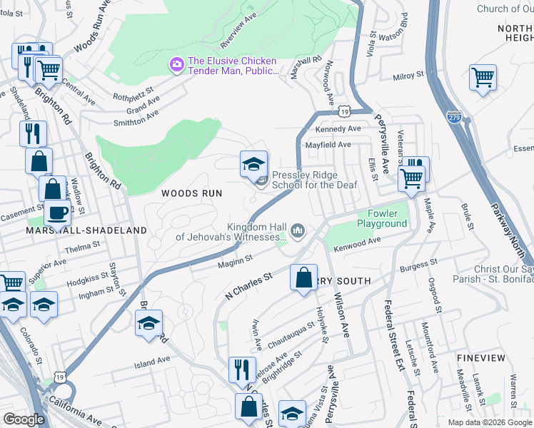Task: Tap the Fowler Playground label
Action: pos(387,218)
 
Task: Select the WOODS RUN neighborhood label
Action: pos(191,193)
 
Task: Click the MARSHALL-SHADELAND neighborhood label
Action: pos(86,230)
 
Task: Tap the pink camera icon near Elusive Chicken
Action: pos(176,65)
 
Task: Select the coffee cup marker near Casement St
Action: pos(57,213)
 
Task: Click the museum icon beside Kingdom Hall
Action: pos(298,230)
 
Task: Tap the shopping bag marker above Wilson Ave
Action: pos(304,276)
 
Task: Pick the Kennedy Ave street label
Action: pos(338,129)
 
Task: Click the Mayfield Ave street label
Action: pos(328,145)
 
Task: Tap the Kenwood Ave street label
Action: pos(357,245)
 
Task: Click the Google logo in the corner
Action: pos(24,419)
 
